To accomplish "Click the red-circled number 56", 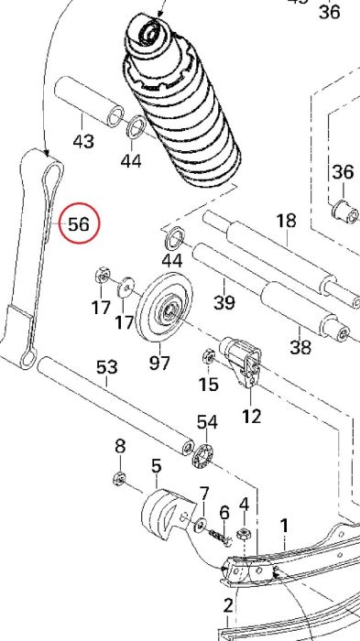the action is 79,223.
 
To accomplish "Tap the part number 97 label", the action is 159,363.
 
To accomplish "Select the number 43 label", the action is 83,141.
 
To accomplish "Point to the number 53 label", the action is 107,367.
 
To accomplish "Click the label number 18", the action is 287,221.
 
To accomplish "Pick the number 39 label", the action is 224,302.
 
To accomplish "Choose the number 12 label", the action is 251,416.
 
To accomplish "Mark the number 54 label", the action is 207,422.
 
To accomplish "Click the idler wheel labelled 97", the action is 164,307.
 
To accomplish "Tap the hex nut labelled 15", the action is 209,357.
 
